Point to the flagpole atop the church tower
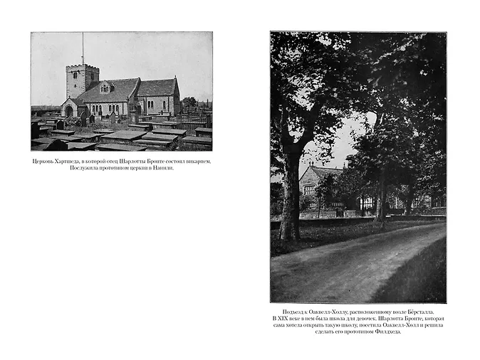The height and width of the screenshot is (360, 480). point(83,48)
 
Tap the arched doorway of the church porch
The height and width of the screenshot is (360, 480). point(69,111)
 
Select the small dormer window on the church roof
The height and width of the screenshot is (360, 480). point(105,88)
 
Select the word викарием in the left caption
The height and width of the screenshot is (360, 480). point(197,161)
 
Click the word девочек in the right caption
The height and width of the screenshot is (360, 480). point(366,318)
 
